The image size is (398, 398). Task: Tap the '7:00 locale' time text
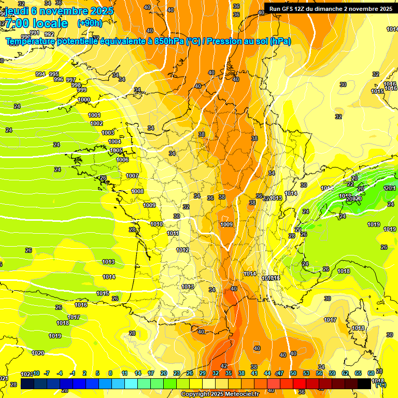(x=36, y=23)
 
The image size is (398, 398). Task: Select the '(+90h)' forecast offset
(x=90, y=23)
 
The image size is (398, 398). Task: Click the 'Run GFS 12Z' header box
(x=331, y=9)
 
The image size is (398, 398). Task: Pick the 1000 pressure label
(x=83, y=100)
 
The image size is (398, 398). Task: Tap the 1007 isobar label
(x=132, y=176)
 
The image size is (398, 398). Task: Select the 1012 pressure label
(x=182, y=250)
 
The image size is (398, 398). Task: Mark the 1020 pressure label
(x=38, y=353)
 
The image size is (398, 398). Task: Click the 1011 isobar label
(x=173, y=234)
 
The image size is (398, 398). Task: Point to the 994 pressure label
(x=40, y=74)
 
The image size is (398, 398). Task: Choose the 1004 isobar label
(x=115, y=141)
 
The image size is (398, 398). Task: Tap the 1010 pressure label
(x=157, y=224)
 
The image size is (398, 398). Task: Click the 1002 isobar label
(x=96, y=124)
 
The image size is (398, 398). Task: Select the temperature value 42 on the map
(x=224, y=366)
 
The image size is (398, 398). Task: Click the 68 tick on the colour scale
(x=371, y=373)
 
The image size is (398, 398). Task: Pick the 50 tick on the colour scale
(x=293, y=373)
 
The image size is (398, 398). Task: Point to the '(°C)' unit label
(x=380, y=385)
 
